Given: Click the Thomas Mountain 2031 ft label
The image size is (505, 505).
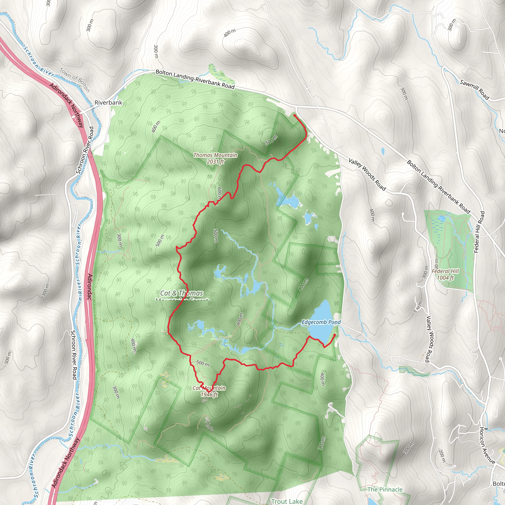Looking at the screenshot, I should tap(215, 158).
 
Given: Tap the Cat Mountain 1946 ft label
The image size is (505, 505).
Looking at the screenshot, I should tap(209, 391).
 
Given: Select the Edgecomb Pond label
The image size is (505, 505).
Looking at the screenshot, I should tap(321, 322).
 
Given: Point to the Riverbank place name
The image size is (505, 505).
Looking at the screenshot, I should tap(108, 103).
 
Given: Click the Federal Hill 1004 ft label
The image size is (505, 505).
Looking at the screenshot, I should tap(445, 274).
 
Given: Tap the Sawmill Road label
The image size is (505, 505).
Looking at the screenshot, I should tap(474, 90).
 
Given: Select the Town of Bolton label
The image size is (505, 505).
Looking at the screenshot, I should tap(75, 80).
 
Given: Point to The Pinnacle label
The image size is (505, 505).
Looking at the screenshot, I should tap(385, 489).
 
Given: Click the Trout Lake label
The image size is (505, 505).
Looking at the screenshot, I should tap(287, 501).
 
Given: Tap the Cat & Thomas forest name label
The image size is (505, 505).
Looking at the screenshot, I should tap(182, 293).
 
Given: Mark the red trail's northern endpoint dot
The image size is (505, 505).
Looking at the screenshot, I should tap(295, 115).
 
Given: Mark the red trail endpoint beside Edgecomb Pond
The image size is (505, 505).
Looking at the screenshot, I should tap(335, 335).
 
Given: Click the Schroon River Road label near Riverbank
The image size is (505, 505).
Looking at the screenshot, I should tap(84, 150).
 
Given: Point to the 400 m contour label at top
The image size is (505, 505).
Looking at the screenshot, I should tap(230, 33).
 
